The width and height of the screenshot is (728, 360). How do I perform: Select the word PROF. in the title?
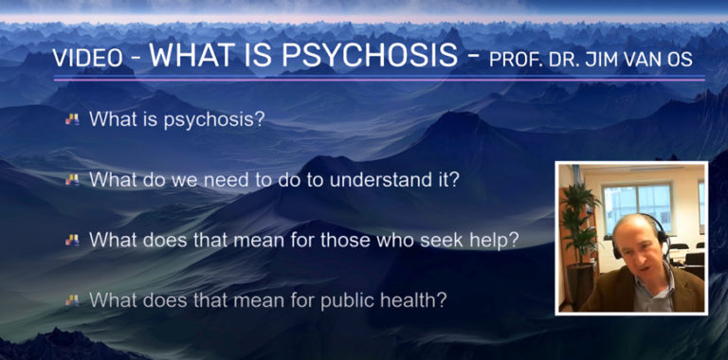click(516, 59)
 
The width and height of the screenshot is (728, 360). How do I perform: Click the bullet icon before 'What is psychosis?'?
click(72, 120)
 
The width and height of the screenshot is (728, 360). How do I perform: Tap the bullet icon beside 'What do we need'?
click(72, 179)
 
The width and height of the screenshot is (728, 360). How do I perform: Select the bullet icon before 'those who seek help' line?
click(72, 240)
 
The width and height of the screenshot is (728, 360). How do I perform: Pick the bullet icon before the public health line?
click(72, 300)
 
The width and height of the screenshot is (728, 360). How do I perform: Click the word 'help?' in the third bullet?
click(494, 240)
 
